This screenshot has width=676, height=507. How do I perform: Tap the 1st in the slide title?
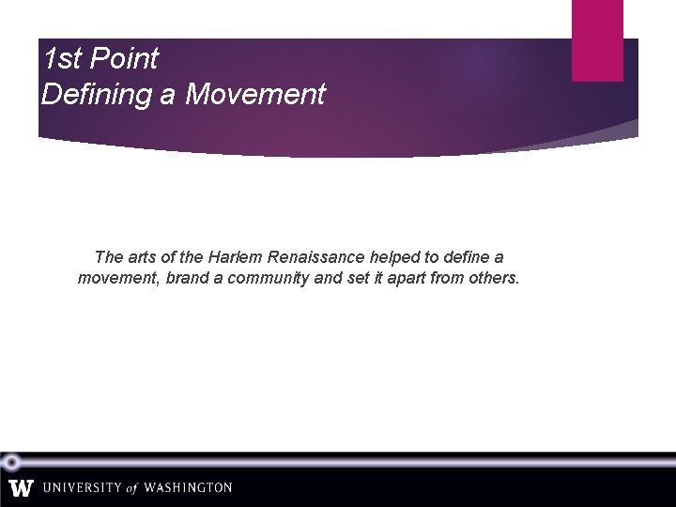pos(62,59)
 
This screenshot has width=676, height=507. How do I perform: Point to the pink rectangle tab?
pos(597,39)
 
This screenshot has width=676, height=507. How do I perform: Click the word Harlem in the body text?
pos(225,257)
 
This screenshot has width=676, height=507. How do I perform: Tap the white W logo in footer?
pos(21,488)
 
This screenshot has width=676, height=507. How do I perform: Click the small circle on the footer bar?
pos(11,462)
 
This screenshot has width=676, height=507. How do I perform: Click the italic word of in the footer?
pos(131,488)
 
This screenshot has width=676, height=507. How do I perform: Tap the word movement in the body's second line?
pos(118,279)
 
